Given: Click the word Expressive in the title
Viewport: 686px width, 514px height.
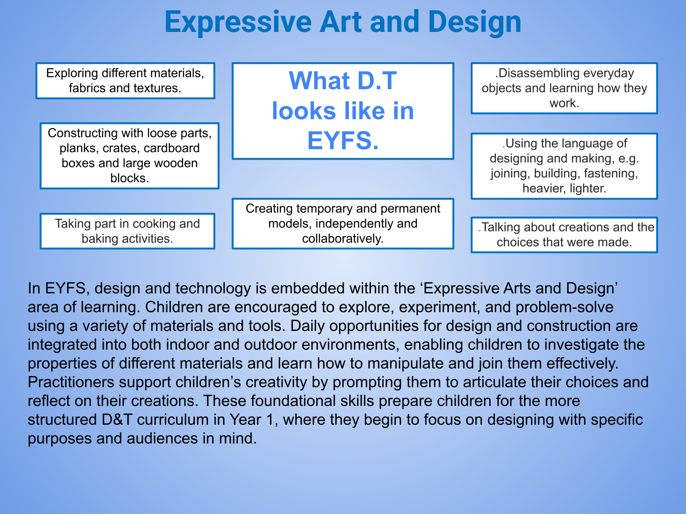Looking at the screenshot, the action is pyautogui.click(x=238, y=23).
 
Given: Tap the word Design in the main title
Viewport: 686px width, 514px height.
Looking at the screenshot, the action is pyautogui.click(x=475, y=23).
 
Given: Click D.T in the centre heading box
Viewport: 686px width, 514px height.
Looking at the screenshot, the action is pyautogui.click(x=377, y=81).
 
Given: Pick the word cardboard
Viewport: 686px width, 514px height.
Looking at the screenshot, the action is pyautogui.click(x=171, y=148).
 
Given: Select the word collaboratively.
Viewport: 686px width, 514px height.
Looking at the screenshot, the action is pyautogui.click(x=343, y=239).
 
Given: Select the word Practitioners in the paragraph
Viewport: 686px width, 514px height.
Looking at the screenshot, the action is pyautogui.click(x=71, y=382).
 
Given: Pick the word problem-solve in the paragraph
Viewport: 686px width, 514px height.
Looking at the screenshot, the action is pyautogui.click(x=564, y=307).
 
